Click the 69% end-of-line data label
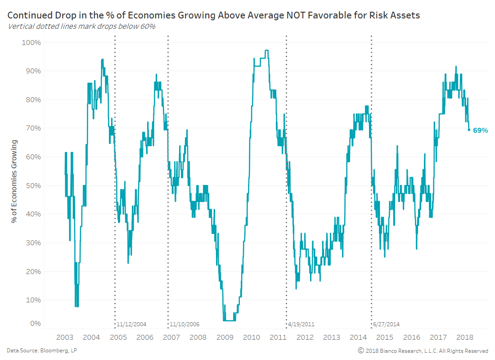coord(480,130)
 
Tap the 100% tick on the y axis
coord(31,42)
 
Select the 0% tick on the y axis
coord(35,323)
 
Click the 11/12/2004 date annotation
coord(131,324)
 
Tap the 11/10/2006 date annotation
coord(184,324)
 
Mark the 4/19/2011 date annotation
coord(301,324)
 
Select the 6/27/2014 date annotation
coord(386,324)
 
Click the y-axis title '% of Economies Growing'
coord(14,181)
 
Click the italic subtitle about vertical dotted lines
coord(82,26)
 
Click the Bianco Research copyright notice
coord(423,351)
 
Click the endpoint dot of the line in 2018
coord(469,130)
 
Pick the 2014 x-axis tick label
coord(358,337)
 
